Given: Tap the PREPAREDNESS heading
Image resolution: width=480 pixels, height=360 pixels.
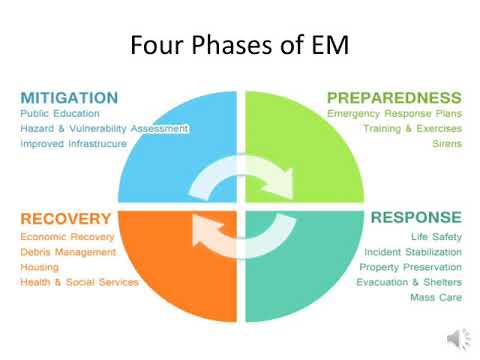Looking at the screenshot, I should click(395, 98).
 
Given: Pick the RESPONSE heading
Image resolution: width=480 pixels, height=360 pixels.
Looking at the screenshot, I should click(416, 217).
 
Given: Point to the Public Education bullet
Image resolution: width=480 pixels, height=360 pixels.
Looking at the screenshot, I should click(60, 114).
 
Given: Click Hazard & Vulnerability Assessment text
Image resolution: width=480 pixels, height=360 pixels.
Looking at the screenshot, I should click(104, 129).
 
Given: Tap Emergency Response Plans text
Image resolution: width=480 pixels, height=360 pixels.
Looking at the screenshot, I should click(394, 114).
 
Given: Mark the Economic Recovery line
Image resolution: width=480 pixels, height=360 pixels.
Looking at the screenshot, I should click(68, 237).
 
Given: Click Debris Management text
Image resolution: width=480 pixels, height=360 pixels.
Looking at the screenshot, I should click(68, 252).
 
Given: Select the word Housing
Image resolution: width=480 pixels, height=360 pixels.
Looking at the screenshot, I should click(40, 267).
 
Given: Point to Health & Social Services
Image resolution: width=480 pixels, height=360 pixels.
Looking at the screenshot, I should click(79, 282).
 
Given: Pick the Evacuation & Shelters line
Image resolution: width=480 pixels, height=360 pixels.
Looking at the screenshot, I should click(409, 282).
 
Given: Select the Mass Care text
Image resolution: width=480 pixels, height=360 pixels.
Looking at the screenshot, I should click(436, 297).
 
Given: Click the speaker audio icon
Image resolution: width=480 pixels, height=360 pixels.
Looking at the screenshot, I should click(456, 338).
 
